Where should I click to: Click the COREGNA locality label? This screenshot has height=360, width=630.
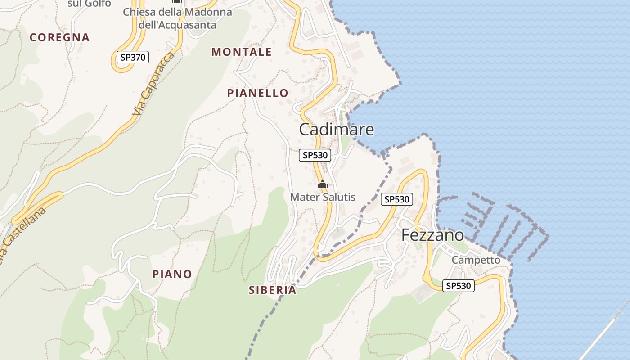coord(60,37)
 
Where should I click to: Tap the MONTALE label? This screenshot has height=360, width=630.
coord(242,52)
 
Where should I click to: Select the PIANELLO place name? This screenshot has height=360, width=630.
coord(258,93)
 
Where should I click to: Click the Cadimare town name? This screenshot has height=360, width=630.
coord(337,130)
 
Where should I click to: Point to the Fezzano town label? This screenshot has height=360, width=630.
coord(432,235)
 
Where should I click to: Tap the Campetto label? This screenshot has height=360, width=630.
coord(476,260)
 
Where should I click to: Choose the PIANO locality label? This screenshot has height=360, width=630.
coord(172,274)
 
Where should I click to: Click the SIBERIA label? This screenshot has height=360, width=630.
coord(273,290)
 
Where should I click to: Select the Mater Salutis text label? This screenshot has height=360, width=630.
coord(323,197)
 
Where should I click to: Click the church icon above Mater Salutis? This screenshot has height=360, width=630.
coord(323,184)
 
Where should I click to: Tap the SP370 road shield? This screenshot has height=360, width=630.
coord(132,57)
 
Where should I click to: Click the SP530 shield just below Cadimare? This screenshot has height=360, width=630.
coord(315,155)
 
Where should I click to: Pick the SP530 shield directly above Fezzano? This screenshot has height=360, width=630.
coord(397,199)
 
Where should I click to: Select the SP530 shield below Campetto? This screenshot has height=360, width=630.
coord(459,285)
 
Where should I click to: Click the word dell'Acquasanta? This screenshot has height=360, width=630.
coord(178,25)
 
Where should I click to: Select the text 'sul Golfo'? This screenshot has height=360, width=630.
coord(89,4)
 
